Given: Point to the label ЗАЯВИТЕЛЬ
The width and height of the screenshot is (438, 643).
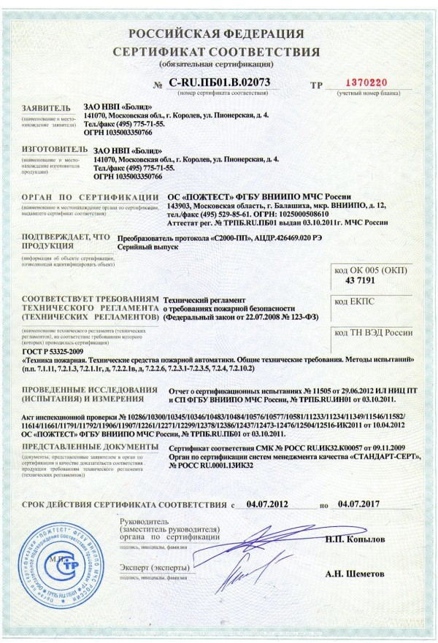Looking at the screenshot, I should coord(47,107).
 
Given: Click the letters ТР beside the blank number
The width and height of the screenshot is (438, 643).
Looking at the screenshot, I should coord(316,85).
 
